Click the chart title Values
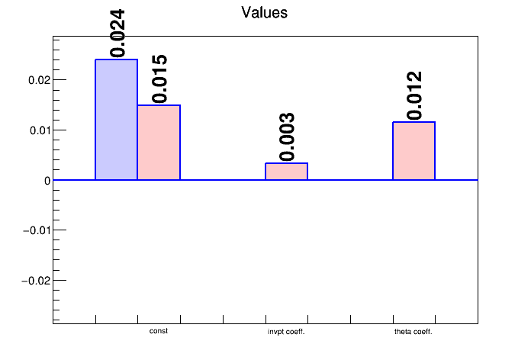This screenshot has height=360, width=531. point(265,12)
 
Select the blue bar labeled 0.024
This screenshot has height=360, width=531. point(117,120)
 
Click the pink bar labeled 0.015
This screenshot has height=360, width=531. point(159,143)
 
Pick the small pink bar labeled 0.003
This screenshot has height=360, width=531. point(287,172)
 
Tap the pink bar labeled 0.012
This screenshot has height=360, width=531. point(414,151)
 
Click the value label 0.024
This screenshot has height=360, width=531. point(117,34)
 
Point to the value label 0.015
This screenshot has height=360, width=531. point(160,79)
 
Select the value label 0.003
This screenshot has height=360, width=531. point(287,137)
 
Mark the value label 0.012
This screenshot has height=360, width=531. point(414,95)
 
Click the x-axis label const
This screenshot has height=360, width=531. point(159,331)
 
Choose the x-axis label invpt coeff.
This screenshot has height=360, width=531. point(286,332)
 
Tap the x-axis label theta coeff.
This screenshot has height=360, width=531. point(414,332)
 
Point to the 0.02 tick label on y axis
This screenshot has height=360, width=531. point(39,80)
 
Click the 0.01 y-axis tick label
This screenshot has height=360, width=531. point(40,130)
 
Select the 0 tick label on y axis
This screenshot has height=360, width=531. point(47,181)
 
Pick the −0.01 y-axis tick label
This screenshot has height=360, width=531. point(37,230)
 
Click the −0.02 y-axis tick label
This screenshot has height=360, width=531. point(36,281)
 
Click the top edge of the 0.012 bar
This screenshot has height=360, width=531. point(414,122)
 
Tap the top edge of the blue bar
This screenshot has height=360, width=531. point(117,59)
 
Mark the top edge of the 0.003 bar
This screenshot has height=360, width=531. point(287,163)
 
